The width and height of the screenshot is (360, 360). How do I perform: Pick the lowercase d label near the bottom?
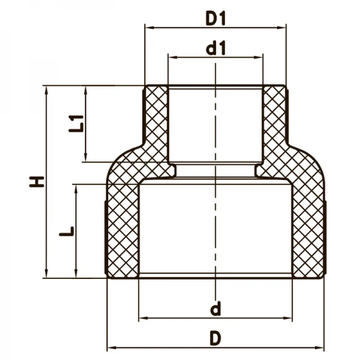pos(215,310)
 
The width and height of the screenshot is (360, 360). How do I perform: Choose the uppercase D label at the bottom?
pos(215,339)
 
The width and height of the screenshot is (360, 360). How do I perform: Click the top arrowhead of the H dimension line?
pos(46,89)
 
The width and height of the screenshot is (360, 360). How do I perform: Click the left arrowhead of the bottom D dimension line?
pos(110,348)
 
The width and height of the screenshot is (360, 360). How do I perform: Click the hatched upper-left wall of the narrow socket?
pos(155,120)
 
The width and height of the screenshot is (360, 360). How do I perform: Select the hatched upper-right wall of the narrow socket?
pos(274,120)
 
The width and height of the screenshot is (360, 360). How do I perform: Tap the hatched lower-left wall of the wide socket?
pos(123,231)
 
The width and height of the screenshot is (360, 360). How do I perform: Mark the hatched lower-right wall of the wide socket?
pos(308,231)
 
